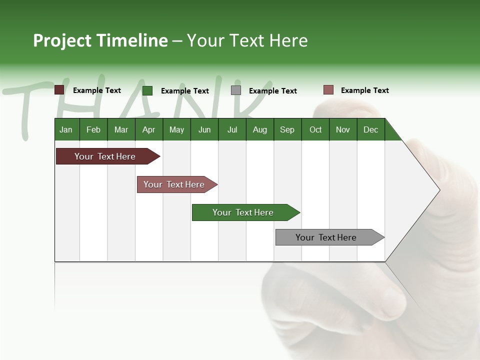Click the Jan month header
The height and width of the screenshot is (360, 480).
(x=66, y=129)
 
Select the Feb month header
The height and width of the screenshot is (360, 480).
(x=93, y=129)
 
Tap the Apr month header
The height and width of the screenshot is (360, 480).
(x=148, y=129)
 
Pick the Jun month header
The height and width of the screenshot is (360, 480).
(x=204, y=129)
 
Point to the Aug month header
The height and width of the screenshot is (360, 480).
(x=259, y=129)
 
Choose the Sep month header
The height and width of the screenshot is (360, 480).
(x=287, y=129)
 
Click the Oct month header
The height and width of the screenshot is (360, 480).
(x=315, y=129)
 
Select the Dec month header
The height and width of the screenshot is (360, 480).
(x=370, y=129)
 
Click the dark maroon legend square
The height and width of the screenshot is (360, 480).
(x=59, y=90)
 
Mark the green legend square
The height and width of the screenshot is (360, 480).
(x=147, y=90)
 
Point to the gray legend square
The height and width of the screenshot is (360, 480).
(x=236, y=90)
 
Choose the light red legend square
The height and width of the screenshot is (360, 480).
(x=328, y=90)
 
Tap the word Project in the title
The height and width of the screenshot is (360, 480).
(x=62, y=40)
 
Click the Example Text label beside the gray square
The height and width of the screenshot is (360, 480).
(x=272, y=91)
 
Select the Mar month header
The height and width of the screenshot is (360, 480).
(x=121, y=129)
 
